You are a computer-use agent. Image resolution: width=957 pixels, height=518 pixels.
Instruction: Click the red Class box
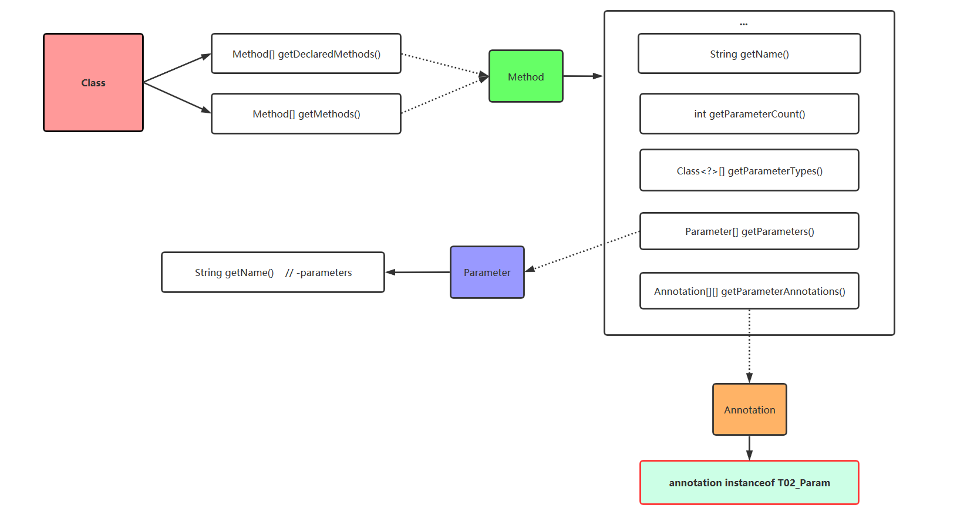(93, 83)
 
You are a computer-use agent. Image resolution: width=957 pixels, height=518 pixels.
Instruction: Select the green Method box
(525, 76)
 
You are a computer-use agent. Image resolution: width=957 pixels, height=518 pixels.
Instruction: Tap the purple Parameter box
(487, 273)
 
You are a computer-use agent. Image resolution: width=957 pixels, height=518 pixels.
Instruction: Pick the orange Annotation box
(749, 409)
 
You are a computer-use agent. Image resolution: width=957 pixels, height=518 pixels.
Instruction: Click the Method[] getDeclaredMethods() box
(306, 54)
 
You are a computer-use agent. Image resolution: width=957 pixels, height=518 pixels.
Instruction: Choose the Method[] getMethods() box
(306, 114)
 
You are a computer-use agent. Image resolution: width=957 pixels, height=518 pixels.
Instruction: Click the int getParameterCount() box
(749, 114)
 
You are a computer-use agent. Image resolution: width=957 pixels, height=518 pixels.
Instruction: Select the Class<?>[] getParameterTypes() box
(749, 170)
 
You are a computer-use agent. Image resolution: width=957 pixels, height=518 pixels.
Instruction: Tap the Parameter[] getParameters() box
(749, 231)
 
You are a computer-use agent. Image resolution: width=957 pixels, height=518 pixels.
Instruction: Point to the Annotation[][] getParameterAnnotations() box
(749, 291)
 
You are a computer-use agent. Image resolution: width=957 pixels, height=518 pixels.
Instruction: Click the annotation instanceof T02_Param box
(749, 483)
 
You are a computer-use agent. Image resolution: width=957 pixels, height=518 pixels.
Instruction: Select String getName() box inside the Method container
(749, 54)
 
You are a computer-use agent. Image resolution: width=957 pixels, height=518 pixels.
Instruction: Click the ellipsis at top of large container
(743, 24)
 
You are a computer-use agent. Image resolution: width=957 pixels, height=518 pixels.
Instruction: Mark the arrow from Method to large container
(582, 76)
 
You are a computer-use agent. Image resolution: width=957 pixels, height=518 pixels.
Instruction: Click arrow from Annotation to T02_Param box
(749, 448)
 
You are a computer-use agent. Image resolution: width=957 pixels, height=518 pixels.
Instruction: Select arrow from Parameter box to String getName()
(417, 273)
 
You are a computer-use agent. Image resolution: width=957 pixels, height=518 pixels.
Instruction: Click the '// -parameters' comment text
(318, 273)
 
